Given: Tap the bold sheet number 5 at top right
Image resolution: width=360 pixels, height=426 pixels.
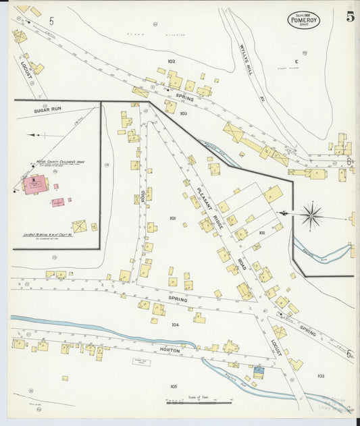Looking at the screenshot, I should click(351, 17).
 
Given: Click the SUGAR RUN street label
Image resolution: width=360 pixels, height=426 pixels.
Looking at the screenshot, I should click(48, 108).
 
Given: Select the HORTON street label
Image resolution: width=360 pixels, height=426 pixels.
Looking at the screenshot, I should click(169, 350).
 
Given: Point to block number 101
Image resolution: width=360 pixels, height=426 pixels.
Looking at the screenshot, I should click(173, 218).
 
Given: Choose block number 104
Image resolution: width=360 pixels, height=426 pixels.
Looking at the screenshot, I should click(175, 325).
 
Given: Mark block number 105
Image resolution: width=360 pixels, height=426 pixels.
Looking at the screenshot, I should click(174, 386).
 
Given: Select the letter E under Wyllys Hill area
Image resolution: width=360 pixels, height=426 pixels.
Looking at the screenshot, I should click(296, 61).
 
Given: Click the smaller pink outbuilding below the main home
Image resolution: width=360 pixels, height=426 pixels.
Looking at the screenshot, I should click(58, 202).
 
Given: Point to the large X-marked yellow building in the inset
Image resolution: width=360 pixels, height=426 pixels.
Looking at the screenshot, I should click(79, 226).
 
